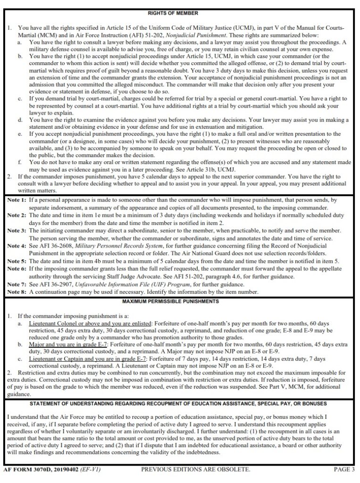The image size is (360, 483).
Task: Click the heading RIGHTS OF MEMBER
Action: click(180, 13)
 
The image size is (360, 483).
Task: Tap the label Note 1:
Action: click(17, 200)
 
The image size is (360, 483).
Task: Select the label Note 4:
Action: click(17, 246)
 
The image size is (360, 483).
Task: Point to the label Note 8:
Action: click(17, 292)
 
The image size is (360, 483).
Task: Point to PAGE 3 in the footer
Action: click(343, 470)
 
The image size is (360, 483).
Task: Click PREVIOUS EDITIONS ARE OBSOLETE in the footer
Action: click(195, 470)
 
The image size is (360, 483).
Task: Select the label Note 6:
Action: click(17, 269)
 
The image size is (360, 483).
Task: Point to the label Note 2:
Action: click(17, 215)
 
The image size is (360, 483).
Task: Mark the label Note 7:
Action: click(17, 284)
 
